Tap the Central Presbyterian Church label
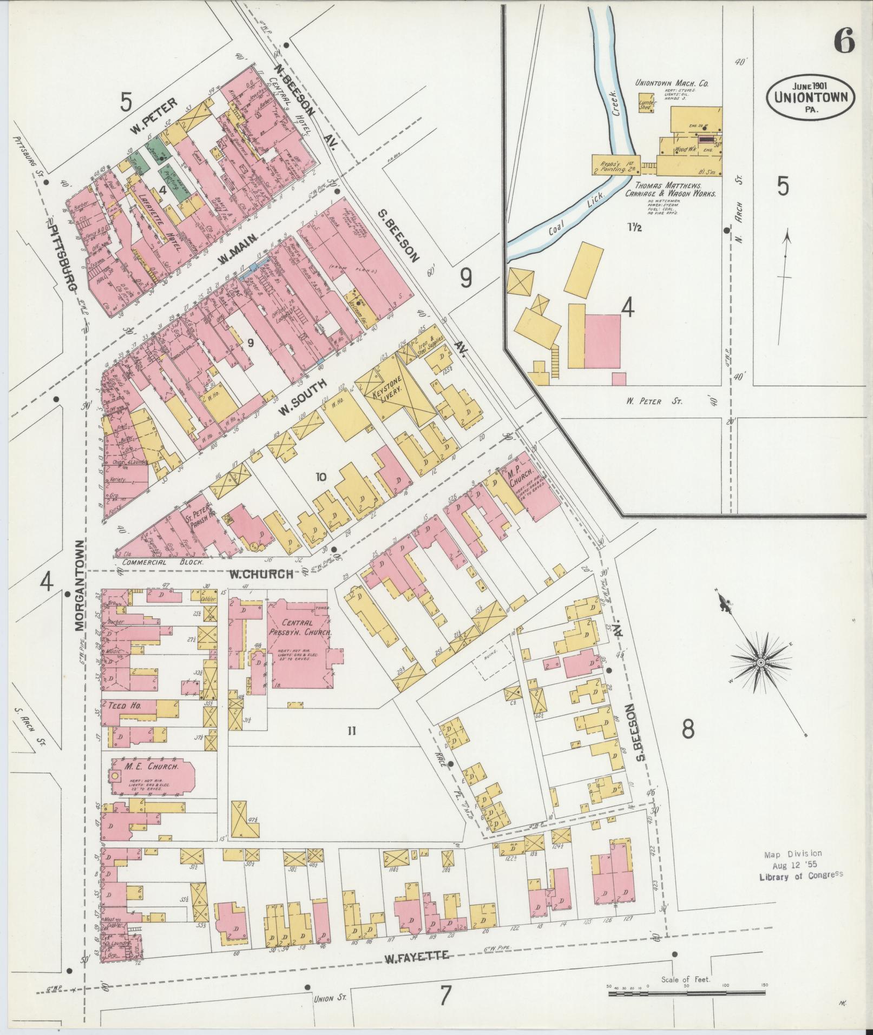299,627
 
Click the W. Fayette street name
417,958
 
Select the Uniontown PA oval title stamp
810,96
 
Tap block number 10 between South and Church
321,476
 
